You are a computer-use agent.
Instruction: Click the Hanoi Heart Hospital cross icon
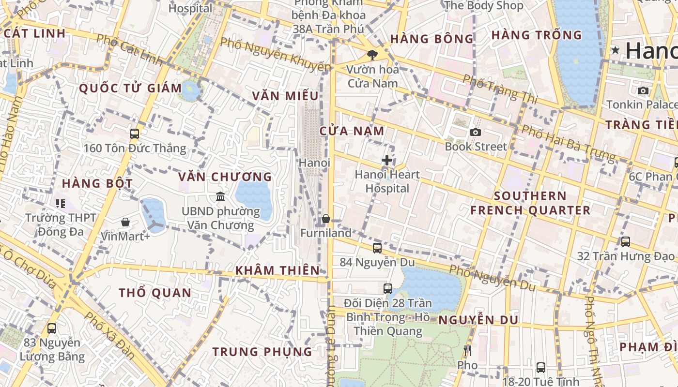[x=386, y=160]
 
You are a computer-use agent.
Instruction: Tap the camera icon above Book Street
[x=476, y=132]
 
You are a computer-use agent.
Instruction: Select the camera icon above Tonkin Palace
[x=643, y=90]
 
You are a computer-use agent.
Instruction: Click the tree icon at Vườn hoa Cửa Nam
[x=372, y=55]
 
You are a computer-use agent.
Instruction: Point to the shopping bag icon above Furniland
[x=326, y=219]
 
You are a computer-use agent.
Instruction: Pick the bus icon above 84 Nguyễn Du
[x=377, y=248]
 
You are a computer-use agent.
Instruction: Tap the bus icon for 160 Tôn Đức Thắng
[x=135, y=134]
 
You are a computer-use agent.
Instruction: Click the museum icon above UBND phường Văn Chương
[x=220, y=197]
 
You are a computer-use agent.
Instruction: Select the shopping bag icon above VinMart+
[x=125, y=222]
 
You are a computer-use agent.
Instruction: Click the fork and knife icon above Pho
[x=467, y=351]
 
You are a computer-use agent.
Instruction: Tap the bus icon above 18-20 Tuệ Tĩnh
[x=540, y=368]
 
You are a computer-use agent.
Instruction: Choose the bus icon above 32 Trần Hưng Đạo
[x=625, y=241]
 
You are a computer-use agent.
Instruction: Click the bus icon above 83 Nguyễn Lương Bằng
[x=52, y=328]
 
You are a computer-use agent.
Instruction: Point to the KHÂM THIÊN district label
[x=277, y=270]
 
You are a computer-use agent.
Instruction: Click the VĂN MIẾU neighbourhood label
[x=285, y=96]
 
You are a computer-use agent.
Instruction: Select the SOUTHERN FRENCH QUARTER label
[x=530, y=203]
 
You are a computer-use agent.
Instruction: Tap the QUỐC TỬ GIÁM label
[x=130, y=89]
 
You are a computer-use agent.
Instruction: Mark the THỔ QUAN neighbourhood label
[x=155, y=293]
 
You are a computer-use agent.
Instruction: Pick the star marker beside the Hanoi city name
[x=616, y=50]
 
